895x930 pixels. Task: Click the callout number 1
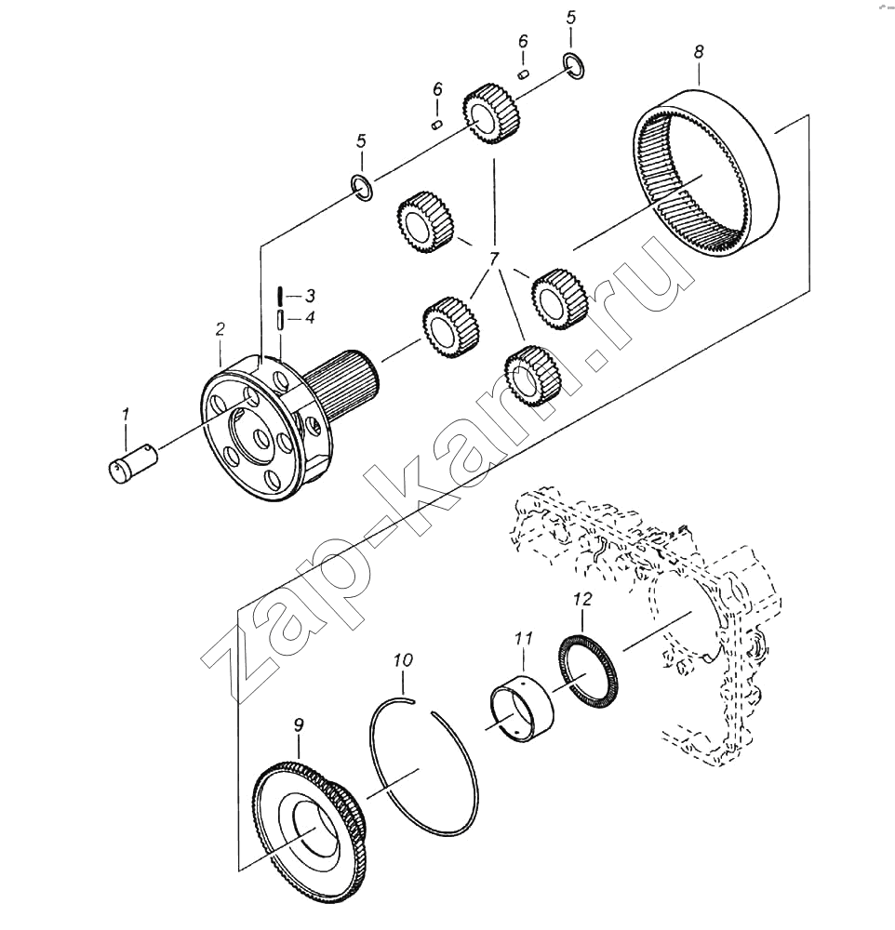point(125,415)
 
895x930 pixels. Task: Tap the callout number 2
point(220,329)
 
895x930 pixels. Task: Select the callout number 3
point(309,296)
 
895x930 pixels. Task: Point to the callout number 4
point(309,318)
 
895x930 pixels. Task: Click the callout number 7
point(493,259)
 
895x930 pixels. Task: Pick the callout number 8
point(699,51)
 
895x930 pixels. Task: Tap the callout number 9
point(299,724)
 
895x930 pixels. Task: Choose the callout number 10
point(403,660)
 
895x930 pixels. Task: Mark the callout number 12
point(582,599)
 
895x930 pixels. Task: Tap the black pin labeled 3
point(279,296)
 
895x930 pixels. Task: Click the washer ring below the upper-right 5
point(573,65)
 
